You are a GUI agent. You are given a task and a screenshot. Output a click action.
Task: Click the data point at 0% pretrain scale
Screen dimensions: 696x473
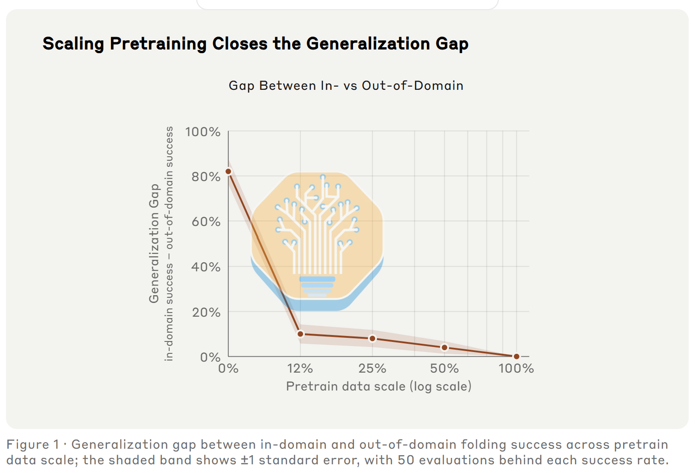[228, 171]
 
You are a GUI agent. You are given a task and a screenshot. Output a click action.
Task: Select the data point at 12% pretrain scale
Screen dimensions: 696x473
[300, 334]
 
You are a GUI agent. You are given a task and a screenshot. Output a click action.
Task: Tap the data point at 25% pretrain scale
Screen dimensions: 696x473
[373, 339]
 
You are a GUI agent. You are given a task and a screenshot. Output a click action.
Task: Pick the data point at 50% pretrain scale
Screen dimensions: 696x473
[445, 347]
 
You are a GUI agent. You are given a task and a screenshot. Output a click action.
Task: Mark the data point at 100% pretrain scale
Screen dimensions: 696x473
[517, 357]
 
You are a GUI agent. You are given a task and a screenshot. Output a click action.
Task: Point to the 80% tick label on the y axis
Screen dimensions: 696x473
[206, 177]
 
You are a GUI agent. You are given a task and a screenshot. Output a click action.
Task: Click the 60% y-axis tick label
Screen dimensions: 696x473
[206, 222]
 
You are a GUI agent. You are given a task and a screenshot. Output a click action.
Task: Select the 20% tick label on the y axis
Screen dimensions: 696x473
[206, 312]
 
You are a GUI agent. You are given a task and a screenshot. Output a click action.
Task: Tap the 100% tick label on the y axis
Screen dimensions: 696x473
[203, 132]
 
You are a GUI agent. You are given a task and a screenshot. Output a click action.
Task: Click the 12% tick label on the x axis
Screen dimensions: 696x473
[300, 368]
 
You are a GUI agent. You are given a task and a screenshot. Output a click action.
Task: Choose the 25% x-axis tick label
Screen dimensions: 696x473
[372, 368]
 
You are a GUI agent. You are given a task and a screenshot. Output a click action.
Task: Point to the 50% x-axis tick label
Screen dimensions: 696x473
[444, 368]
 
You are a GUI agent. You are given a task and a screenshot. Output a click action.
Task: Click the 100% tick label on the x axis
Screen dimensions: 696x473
[516, 368]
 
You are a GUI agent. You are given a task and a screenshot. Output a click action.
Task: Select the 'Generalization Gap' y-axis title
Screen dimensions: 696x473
[154, 243]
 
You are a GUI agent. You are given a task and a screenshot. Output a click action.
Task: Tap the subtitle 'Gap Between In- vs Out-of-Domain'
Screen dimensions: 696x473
[346, 85]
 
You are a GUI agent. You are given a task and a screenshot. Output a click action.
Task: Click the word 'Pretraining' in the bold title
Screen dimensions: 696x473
[158, 44]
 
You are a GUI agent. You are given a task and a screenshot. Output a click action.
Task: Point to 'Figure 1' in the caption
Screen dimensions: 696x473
[33, 445]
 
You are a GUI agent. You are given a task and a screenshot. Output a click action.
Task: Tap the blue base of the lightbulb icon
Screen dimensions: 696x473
[317, 286]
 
